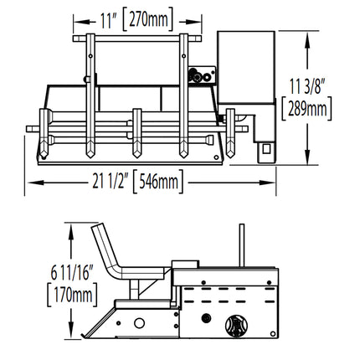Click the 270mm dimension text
click(x=148, y=19)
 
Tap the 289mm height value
click(x=307, y=109)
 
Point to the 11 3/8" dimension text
click(x=307, y=86)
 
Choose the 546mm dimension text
click(x=158, y=182)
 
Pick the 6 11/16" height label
click(x=72, y=273)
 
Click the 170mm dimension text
click(x=73, y=295)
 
